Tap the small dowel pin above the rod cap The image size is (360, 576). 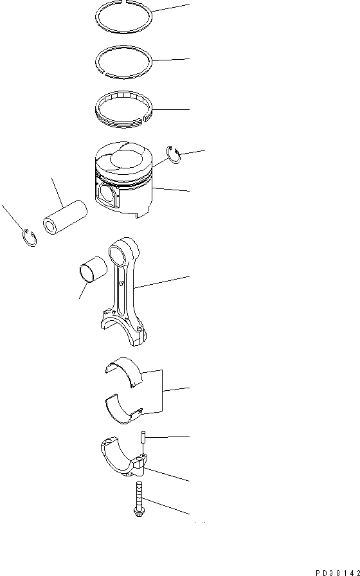142,437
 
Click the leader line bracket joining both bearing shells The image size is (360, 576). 163,389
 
